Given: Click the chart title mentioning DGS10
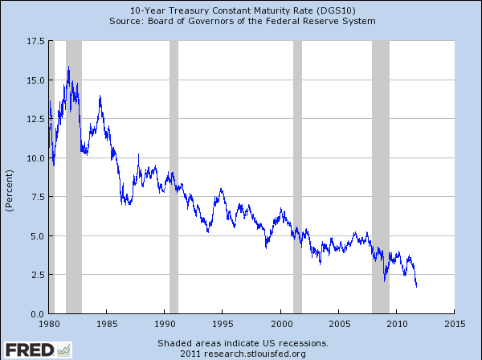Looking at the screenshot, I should pos(242,9).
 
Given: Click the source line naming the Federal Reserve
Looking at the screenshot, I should pos(242,20).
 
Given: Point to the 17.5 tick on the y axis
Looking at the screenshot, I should pos(34,40).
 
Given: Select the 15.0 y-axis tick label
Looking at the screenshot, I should pos(34,80).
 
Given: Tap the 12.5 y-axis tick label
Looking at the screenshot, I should pos(34,119).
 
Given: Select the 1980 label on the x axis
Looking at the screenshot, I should pos(49,324).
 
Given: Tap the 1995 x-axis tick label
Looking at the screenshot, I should pos(223,324).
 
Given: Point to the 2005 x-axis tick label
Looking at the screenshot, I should pos(338,324).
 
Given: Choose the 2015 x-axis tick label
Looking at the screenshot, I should pos(454,324).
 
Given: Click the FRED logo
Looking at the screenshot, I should pos(37,349).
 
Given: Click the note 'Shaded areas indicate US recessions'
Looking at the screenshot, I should pos(242,342).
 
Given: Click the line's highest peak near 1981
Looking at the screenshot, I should pos(68,67).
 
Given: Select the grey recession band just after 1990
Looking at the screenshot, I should pos(174,177).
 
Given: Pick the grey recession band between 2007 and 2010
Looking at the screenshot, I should pos(381,177).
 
